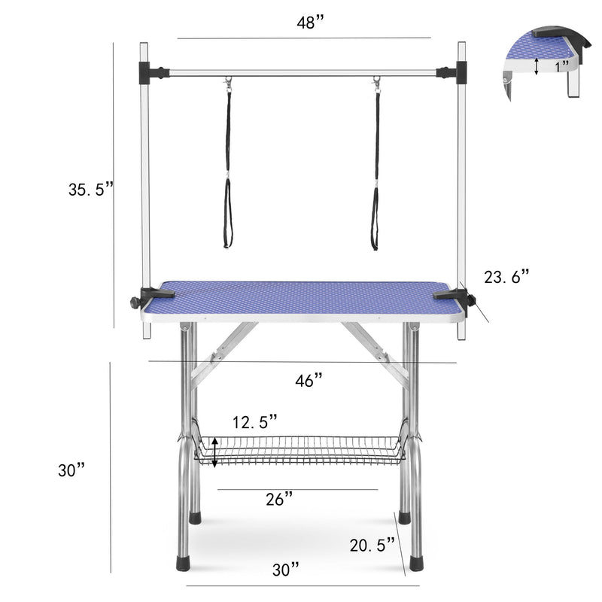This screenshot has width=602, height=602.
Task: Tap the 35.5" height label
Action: coord(90,190)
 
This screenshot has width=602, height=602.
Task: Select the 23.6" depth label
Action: coord(506,277)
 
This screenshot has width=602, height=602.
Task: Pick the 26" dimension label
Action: coord(278,499)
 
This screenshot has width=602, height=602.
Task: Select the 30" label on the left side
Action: coord(71,470)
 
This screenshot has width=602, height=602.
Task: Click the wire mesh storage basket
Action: coord(301,450)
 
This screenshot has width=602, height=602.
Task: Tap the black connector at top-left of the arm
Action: coord(155,73)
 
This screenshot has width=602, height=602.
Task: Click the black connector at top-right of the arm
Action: coord(450,73)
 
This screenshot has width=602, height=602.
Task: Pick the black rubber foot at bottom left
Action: coord(183,561)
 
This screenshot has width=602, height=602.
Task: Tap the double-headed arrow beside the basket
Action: coord(216,452)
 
